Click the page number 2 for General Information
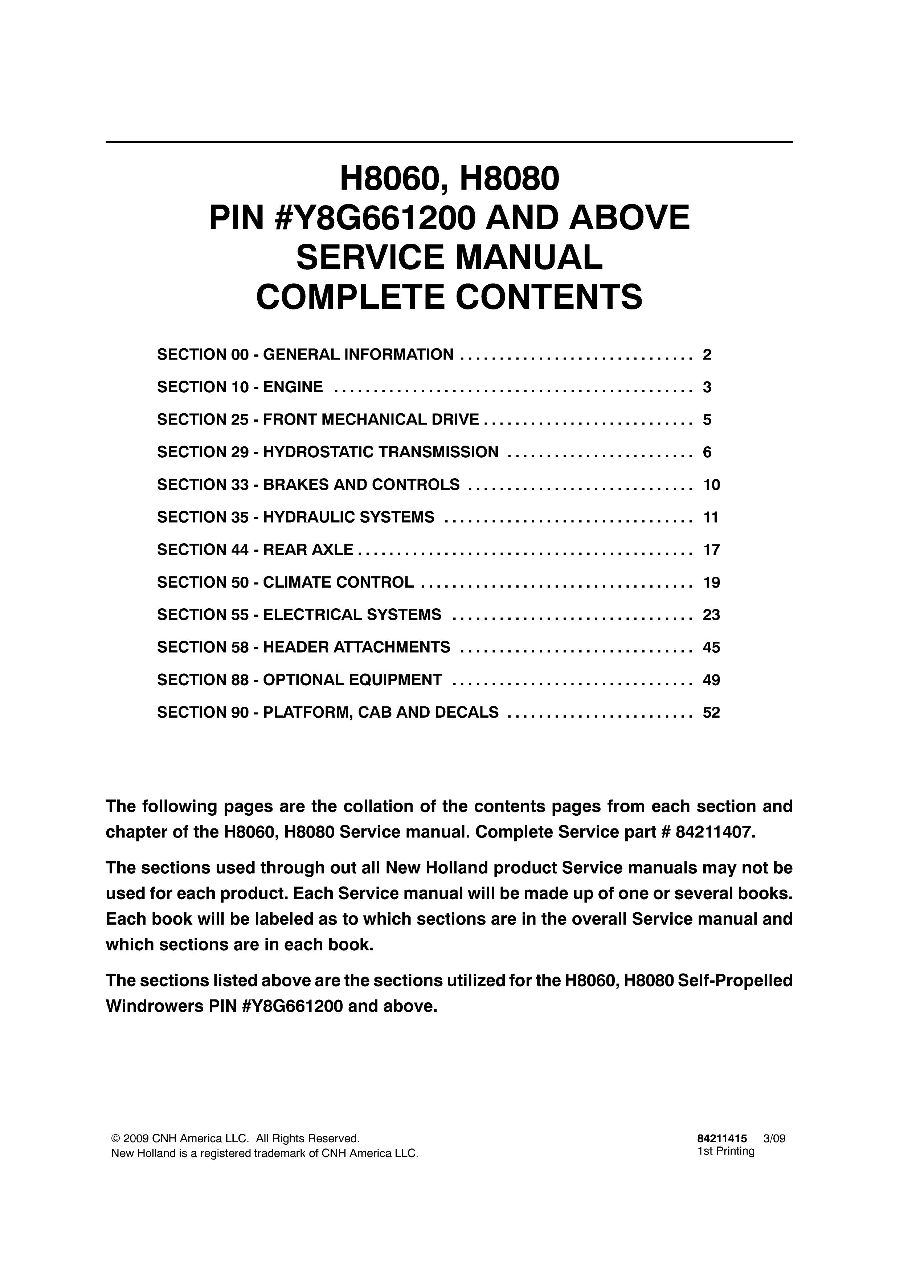707,354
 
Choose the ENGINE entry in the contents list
293,387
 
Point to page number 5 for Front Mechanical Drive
707,419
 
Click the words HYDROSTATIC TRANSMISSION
380,452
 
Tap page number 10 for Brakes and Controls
711,485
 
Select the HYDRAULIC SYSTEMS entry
348,517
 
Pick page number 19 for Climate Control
711,583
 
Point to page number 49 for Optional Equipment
711,680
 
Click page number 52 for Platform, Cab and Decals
711,713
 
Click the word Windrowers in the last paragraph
155,1006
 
